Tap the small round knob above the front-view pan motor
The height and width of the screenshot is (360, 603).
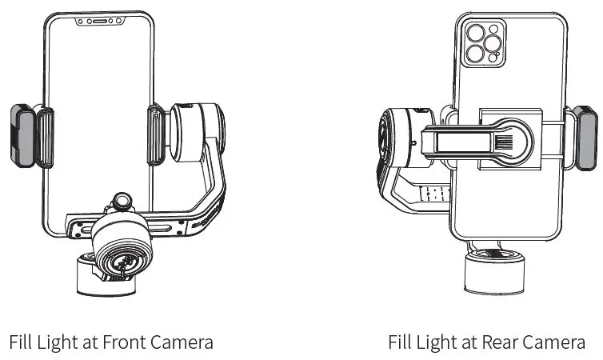pyautogui.click(x=122, y=200)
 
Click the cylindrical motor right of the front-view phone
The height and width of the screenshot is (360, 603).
pyautogui.click(x=195, y=128)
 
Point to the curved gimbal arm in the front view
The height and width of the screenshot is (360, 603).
pyautogui.click(x=212, y=192)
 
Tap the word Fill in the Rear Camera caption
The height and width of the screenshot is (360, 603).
pyautogui.click(x=401, y=342)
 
